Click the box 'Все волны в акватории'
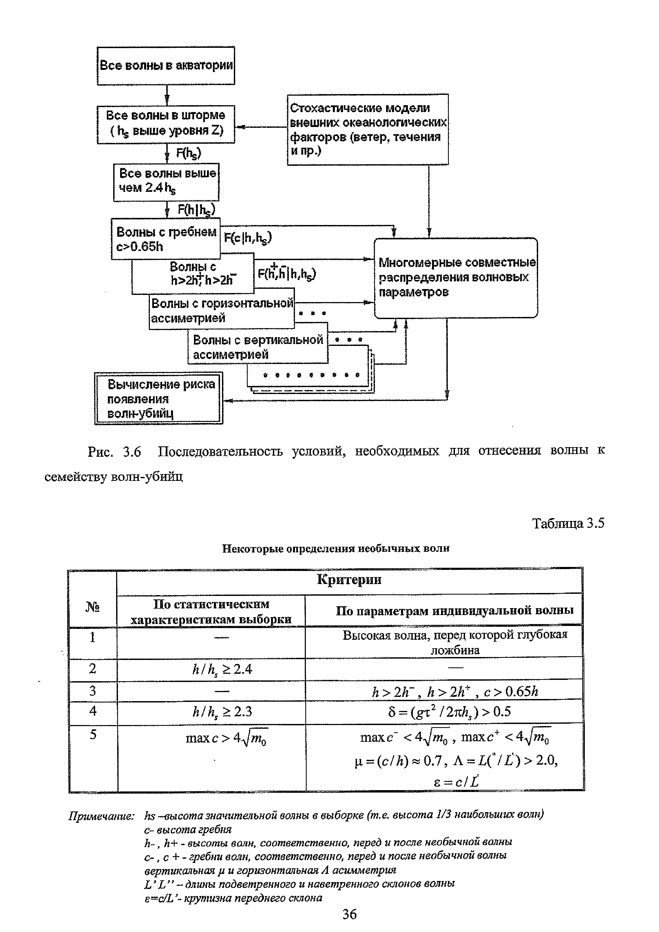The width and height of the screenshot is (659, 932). tap(166, 65)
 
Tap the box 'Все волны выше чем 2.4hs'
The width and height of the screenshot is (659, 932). tap(166, 181)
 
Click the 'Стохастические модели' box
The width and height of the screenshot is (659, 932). tap(367, 129)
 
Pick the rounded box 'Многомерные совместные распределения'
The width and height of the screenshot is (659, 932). tap(455, 278)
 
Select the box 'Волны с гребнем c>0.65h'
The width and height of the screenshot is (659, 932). tap(166, 239)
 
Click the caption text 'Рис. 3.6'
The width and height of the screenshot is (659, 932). tap(114, 451)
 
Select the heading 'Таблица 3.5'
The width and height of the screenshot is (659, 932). tap(568, 523)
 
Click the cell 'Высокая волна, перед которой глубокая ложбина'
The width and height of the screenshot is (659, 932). tap(454, 642)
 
